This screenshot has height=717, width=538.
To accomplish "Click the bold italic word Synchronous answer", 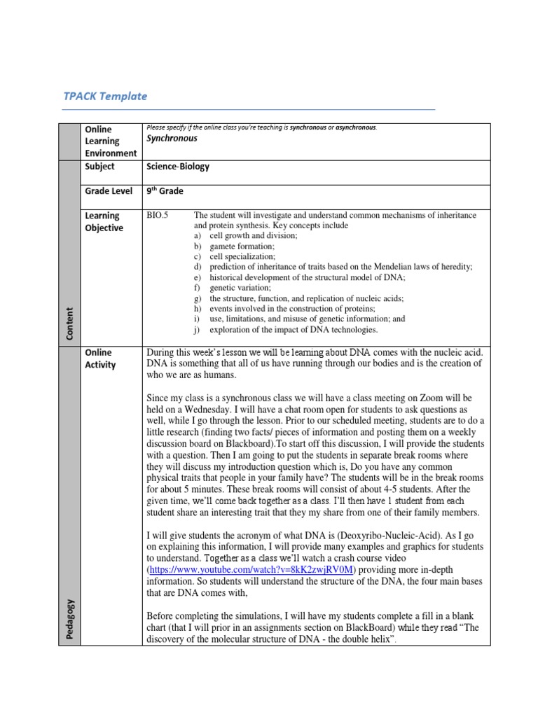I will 172,139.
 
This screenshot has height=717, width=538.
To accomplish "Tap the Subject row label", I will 99,167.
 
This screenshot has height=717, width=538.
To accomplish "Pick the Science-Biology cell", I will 177,167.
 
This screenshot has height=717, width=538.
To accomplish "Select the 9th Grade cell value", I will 165,190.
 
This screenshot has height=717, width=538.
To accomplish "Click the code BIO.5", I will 158,216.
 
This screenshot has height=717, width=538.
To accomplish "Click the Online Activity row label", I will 100,358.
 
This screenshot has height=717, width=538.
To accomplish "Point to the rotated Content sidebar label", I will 69,323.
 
